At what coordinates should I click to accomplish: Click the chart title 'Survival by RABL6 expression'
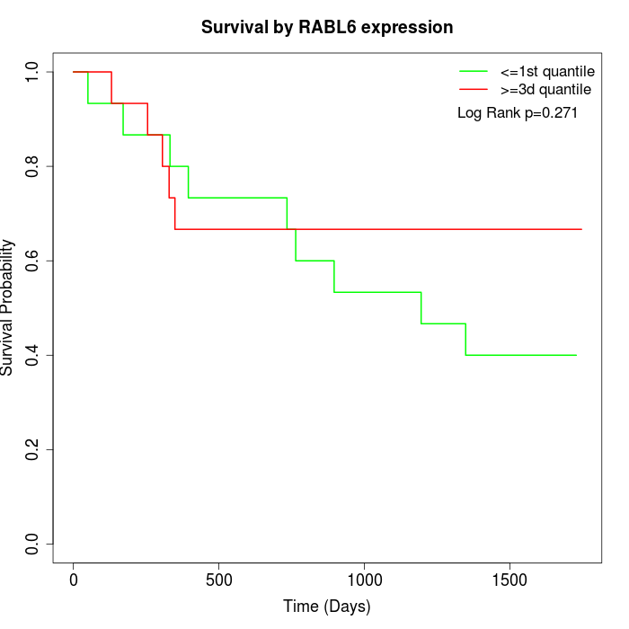click(327, 27)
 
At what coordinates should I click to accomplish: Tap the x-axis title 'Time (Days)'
click(327, 607)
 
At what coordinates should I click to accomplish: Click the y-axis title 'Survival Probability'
click(8, 307)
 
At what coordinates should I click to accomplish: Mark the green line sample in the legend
click(473, 71)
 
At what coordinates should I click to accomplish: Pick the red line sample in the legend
click(473, 90)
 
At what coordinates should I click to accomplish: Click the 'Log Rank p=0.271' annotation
click(518, 113)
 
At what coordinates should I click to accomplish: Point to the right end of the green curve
click(576, 355)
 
